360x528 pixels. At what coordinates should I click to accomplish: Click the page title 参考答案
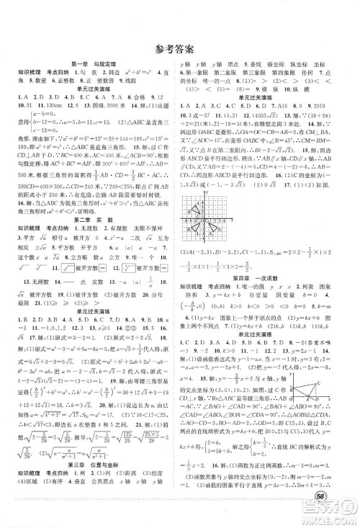point(180,49)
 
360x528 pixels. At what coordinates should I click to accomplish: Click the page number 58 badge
point(338,491)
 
